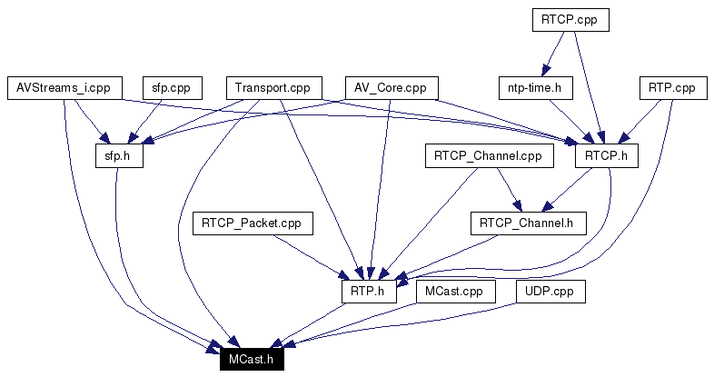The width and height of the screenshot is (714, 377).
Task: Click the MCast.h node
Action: (252, 360)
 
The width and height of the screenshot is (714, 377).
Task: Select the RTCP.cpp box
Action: (570, 19)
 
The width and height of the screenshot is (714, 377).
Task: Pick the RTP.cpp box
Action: (671, 88)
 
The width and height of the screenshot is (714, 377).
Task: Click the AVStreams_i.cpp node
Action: (64, 88)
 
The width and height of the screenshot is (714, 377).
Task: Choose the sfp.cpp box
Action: (171, 88)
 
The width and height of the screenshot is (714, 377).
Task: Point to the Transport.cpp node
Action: (273, 88)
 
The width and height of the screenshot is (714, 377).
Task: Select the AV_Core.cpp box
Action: (392, 88)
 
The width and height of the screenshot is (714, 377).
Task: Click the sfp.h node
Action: (119, 156)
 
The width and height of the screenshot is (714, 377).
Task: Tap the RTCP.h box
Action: (607, 156)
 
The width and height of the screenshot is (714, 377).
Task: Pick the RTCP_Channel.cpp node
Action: (488, 156)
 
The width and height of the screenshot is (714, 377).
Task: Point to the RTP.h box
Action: (369, 292)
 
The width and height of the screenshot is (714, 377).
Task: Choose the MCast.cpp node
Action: (455, 292)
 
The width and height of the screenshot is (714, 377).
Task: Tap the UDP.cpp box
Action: (550, 292)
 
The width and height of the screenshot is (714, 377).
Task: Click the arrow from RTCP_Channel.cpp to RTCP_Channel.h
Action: (507, 189)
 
